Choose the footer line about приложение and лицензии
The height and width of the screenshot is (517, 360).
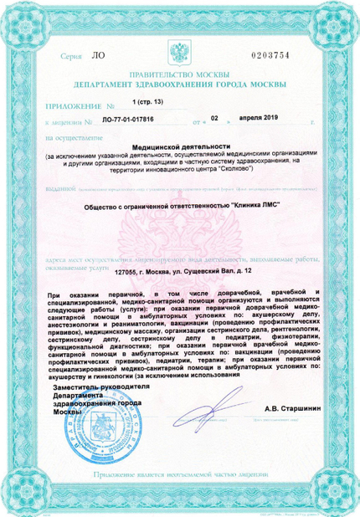coord(180,474)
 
